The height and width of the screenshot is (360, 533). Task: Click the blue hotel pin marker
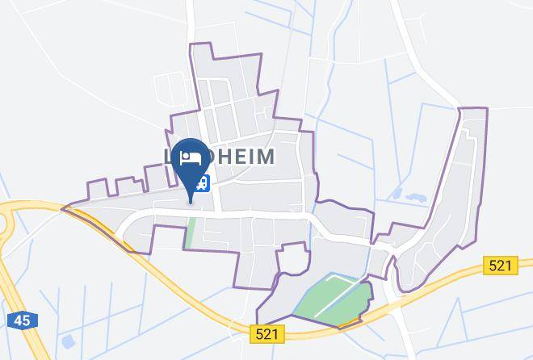tap(191, 161)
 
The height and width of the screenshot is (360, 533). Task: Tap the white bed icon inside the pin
tap(191, 157)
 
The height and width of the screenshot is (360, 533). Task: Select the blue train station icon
tap(205, 184)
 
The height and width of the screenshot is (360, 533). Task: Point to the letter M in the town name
tap(264, 156)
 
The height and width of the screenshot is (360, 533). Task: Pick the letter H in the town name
tap(217, 156)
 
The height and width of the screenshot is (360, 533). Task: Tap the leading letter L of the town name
tap(169, 156)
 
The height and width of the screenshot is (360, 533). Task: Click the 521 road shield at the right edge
tap(500, 265)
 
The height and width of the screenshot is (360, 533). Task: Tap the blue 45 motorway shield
tap(22, 320)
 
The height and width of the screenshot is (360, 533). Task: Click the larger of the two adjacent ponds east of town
tap(417, 197)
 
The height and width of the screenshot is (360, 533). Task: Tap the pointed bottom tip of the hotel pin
tap(191, 201)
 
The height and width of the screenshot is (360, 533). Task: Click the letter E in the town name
tap(235, 156)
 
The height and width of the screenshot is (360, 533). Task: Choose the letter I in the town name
tap(249, 156)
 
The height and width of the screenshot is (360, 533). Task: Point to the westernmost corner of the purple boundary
tap(63, 207)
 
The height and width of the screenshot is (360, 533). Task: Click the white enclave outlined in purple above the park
tap(293, 260)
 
